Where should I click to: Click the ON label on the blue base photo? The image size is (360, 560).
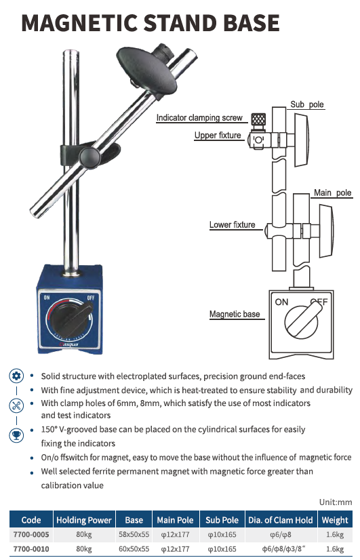[x=47, y=297]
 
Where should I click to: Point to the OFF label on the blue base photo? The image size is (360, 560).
[x=91, y=297]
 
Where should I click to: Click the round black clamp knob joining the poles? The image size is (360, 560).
[x=89, y=156]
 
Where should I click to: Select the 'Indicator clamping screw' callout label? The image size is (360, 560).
[x=199, y=117]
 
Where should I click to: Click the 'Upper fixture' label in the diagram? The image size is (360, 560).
[x=218, y=135]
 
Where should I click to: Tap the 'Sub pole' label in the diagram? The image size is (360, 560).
[x=307, y=104]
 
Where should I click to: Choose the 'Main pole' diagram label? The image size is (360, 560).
[x=332, y=193]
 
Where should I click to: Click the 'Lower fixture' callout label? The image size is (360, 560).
[x=232, y=224]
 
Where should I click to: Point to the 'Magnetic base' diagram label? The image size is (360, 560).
[x=235, y=314]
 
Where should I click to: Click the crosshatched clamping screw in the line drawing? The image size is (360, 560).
[x=258, y=119]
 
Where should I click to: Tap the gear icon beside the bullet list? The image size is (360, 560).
[x=16, y=376]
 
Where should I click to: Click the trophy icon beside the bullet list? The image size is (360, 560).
[x=16, y=435]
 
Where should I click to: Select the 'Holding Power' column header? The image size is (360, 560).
[x=84, y=520]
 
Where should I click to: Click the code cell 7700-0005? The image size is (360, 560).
[x=31, y=535]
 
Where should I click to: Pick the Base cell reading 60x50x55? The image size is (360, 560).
[x=134, y=549]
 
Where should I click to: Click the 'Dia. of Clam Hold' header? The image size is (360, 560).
[x=281, y=520]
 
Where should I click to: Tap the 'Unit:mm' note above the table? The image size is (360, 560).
[x=336, y=502]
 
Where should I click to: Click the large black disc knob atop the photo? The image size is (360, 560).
[x=146, y=69]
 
